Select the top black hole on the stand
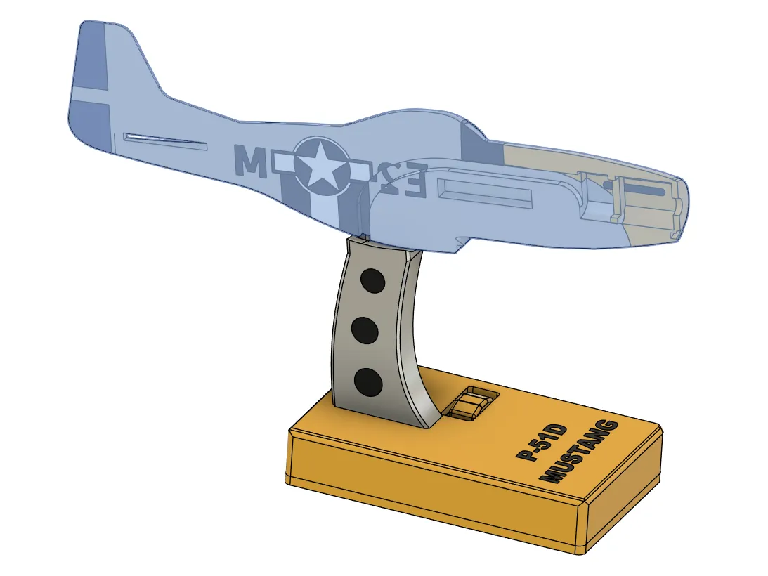372,281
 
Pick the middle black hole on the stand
366,330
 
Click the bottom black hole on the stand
367,383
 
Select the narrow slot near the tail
165,141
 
